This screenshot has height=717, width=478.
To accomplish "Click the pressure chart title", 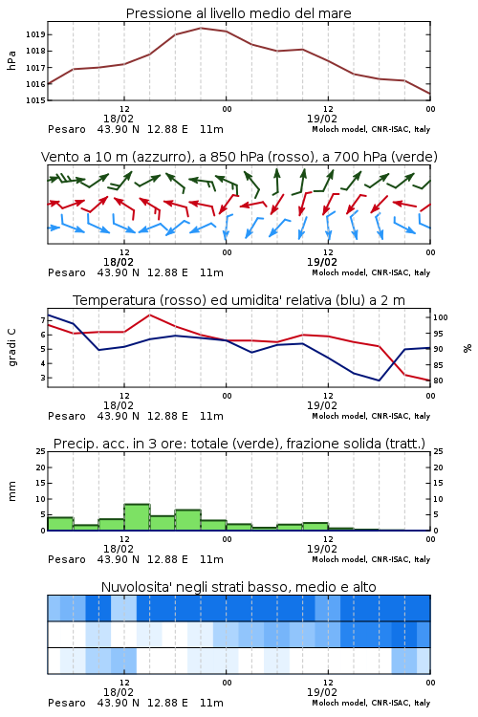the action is pos(238,13).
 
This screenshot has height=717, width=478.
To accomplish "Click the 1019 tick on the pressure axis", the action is pos(35,34).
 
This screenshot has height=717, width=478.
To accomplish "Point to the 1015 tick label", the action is pos(35,100).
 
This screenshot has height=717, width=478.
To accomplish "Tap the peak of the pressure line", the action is pos(201,28).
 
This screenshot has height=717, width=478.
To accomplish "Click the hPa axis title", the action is pos(11,60).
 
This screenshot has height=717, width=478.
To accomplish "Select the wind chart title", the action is pos(239,157).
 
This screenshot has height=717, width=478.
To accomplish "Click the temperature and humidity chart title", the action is pos(239,300).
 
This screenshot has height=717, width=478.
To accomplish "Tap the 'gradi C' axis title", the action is pos(11,347).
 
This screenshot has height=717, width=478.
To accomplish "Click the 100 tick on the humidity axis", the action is pos(441,317).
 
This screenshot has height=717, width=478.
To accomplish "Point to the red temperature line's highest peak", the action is pos(149,315).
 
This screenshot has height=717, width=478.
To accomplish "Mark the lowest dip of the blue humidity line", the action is pos(379,380).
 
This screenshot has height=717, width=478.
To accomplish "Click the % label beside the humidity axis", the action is pos(467,348).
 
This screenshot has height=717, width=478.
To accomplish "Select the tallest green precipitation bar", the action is pos(137,517).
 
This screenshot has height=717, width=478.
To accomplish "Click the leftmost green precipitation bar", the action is pos(60,524).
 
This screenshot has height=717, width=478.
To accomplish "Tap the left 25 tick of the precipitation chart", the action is pos(41,451).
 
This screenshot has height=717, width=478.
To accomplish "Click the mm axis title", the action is pos(11,491).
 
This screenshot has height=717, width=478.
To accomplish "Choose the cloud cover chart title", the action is pos(239,587).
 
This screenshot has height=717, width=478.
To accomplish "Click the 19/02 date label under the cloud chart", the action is pos(322,692).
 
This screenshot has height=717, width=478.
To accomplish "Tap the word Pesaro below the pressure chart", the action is pos(67,129).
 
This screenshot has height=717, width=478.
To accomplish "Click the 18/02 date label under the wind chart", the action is pos(119,262).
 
